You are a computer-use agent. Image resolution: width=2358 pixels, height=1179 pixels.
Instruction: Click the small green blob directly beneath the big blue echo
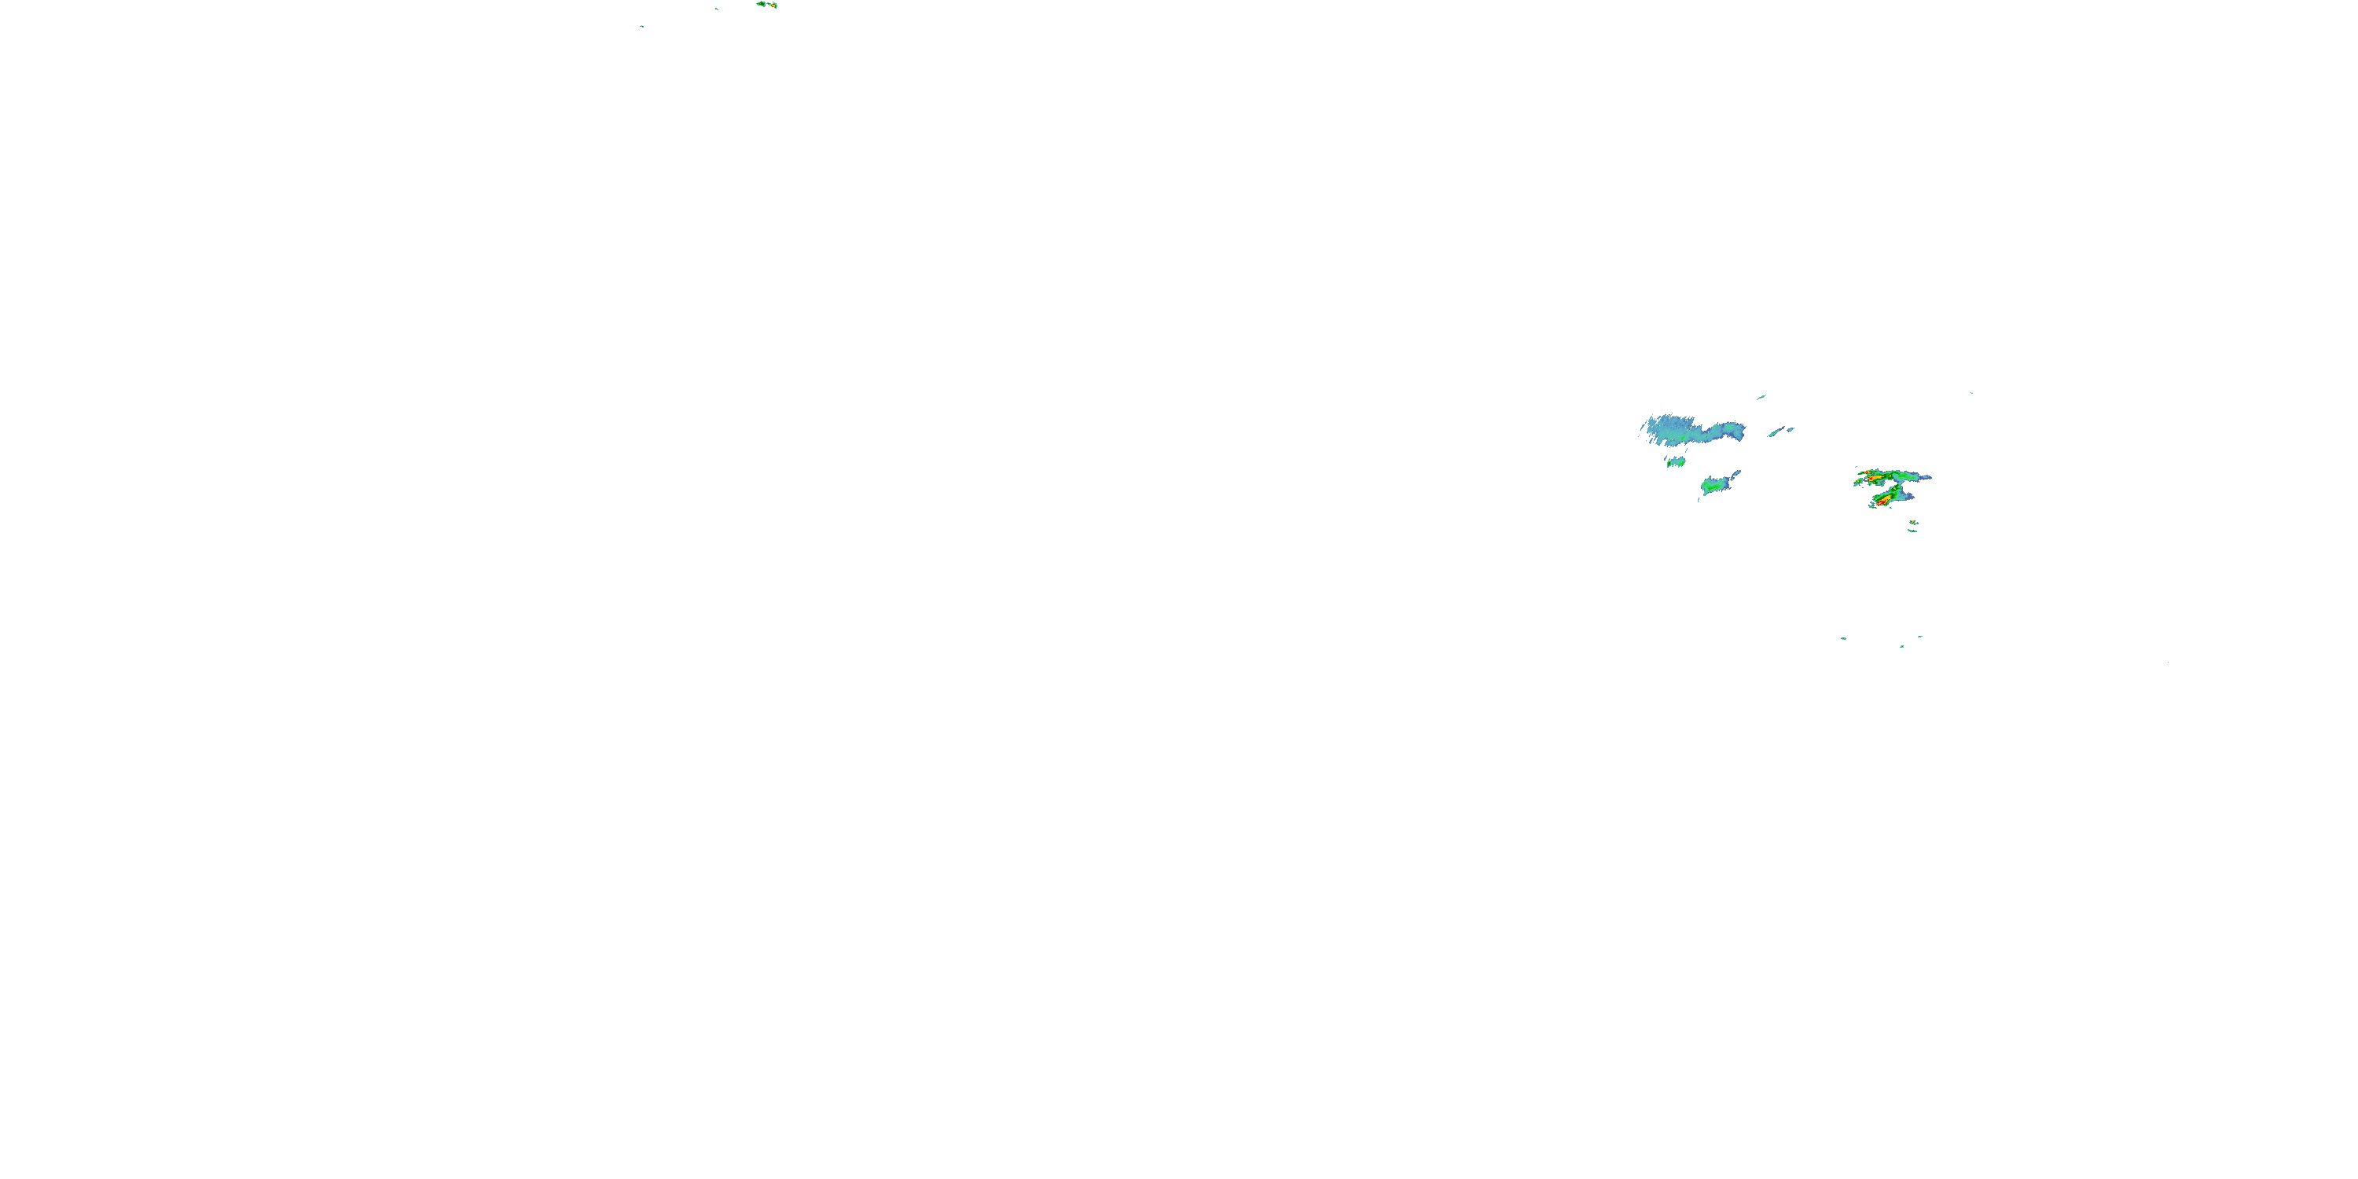(1675, 462)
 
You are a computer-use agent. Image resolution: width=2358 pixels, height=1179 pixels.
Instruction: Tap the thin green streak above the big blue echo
(1761, 397)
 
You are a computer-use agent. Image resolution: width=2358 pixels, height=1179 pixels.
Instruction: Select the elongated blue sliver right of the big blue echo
(1778, 432)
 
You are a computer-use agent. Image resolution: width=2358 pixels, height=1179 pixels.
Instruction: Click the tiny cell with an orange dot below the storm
(1913, 523)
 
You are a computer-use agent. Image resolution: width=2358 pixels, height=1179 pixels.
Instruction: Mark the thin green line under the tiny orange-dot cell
(1912, 531)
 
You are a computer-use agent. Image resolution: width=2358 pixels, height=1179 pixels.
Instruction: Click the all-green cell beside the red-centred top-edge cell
(761, 4)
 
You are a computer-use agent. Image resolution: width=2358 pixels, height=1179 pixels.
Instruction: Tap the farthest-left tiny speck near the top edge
(641, 27)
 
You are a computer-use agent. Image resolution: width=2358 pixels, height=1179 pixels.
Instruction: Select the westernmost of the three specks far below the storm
(1842, 638)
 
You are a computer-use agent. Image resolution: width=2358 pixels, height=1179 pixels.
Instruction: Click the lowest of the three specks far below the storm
(1901, 647)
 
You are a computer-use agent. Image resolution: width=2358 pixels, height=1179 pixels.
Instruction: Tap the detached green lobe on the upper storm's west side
(1858, 482)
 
